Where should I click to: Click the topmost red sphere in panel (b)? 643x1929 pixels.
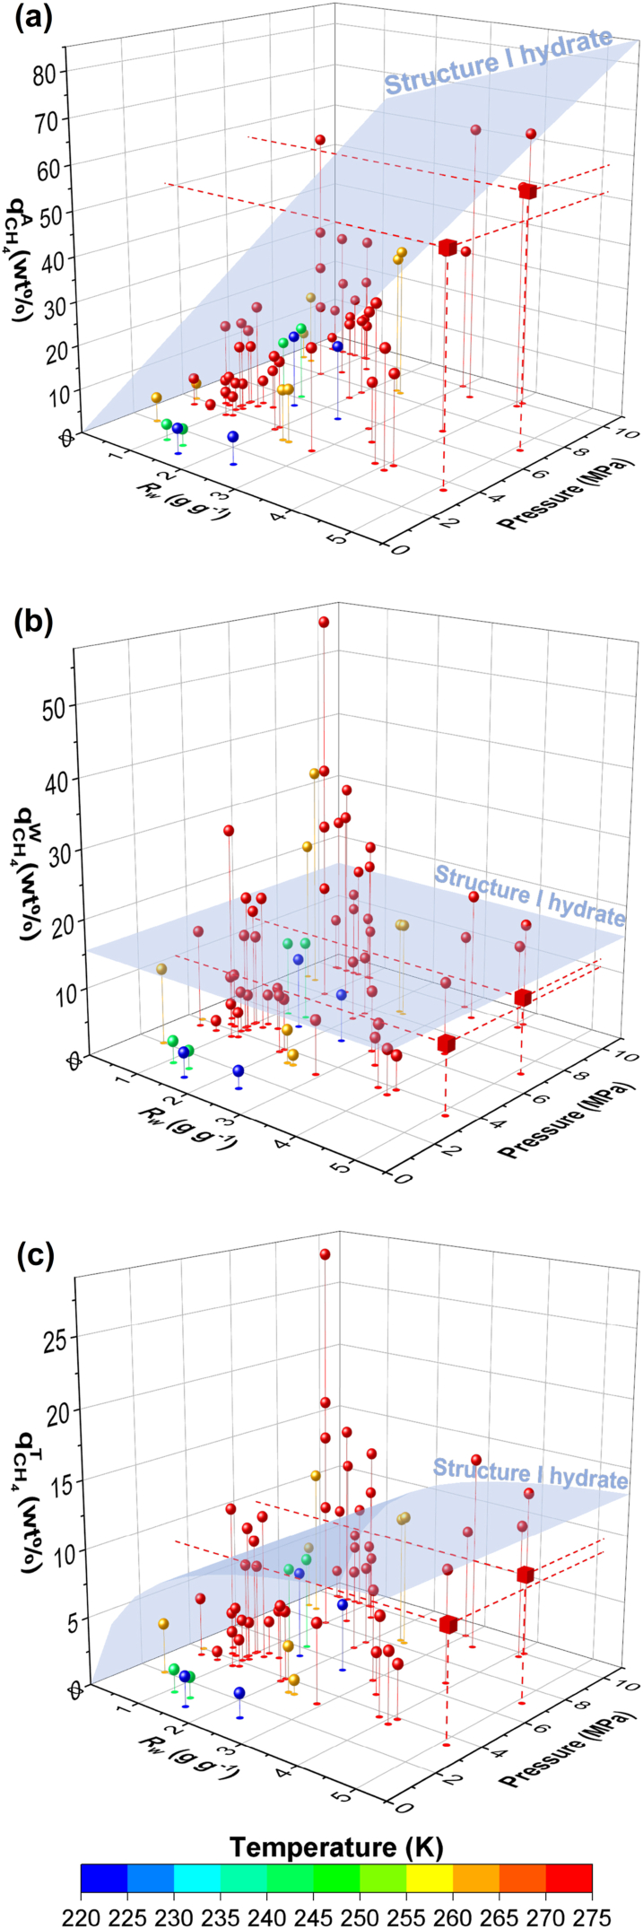click(324, 622)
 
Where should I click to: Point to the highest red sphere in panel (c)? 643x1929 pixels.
click(325, 1254)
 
